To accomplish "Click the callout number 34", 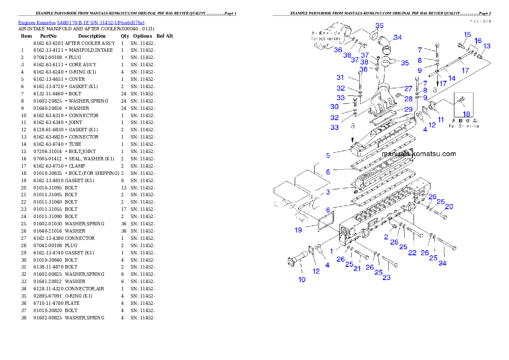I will (397, 37).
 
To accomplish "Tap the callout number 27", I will (408, 89).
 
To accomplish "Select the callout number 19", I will (298, 230).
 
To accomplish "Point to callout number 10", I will (302, 280).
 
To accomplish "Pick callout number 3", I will (328, 192).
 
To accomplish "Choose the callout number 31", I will (340, 77).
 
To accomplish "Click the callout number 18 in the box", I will (466, 114).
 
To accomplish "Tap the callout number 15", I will (467, 35).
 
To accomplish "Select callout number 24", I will (442, 263).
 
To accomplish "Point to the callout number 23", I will (386, 277).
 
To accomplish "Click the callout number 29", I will (408, 109).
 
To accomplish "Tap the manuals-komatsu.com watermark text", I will (419, 154).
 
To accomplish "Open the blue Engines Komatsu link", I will (81, 22).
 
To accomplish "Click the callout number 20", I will (449, 207).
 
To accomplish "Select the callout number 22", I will (412, 253).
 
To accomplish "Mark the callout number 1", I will (331, 252).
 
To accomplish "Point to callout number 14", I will (451, 78).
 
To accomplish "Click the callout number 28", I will (408, 99).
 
